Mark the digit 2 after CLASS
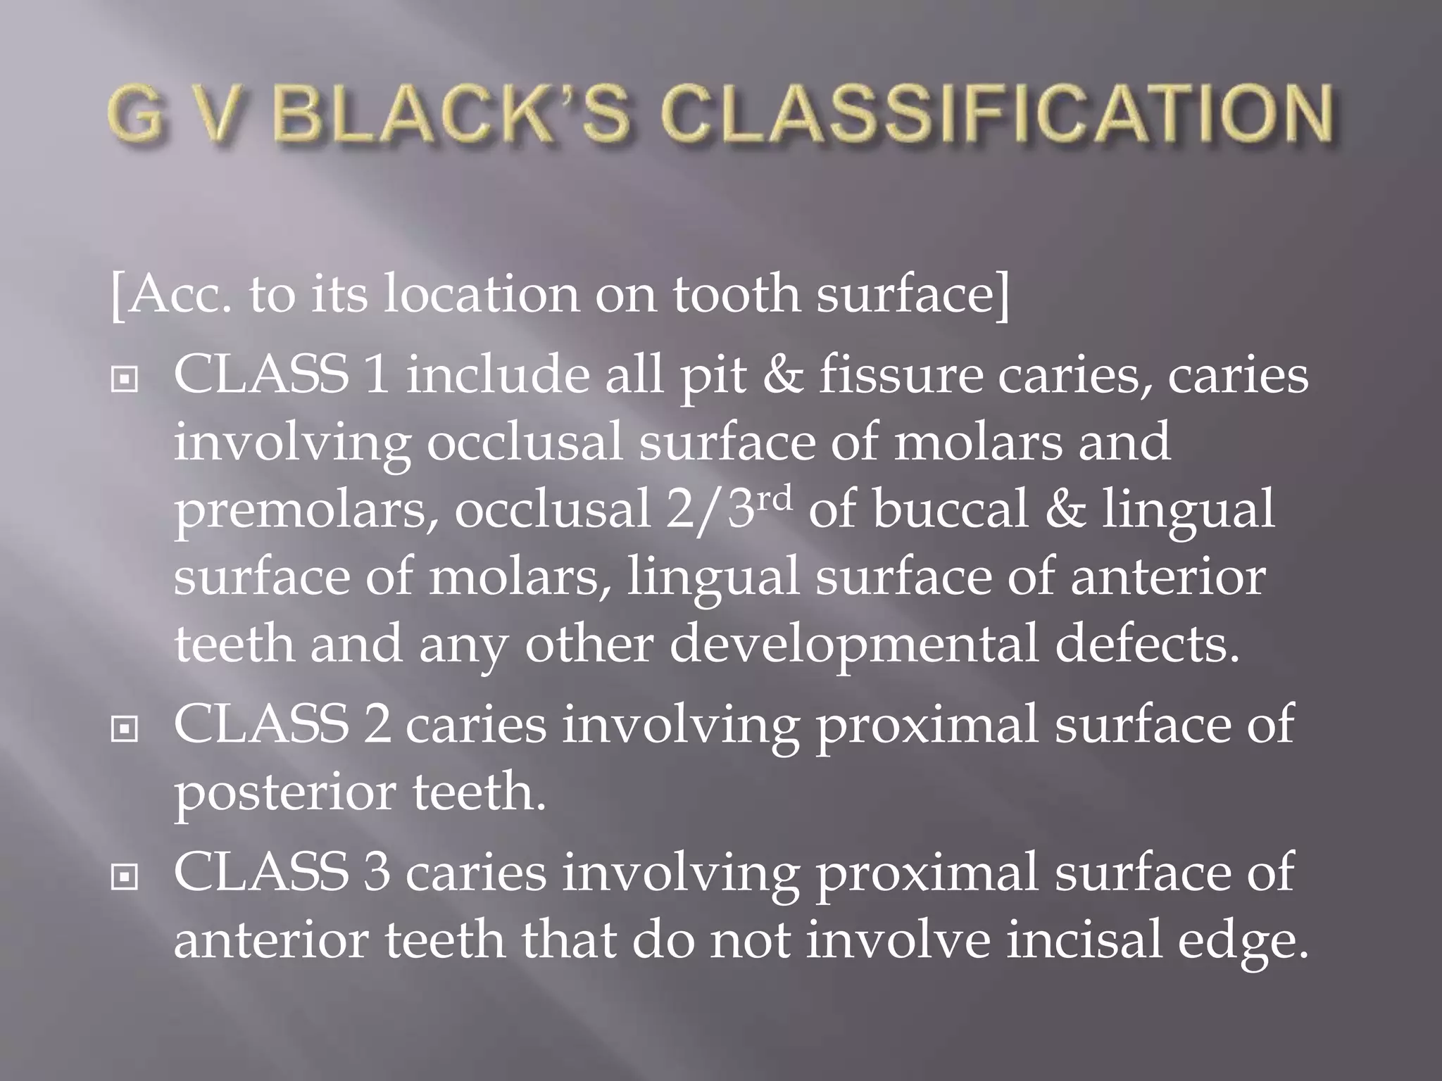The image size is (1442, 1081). click(377, 725)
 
